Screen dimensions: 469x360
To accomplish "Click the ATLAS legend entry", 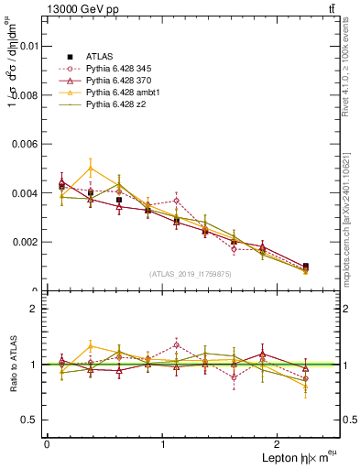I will (99, 56).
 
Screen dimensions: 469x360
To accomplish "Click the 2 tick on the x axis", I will (280, 443).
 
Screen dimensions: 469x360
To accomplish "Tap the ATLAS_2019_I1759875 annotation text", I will (191, 273).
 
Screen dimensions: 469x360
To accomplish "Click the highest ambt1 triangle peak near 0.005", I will (91, 169).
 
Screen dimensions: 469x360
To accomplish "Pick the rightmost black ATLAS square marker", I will (305, 267).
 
